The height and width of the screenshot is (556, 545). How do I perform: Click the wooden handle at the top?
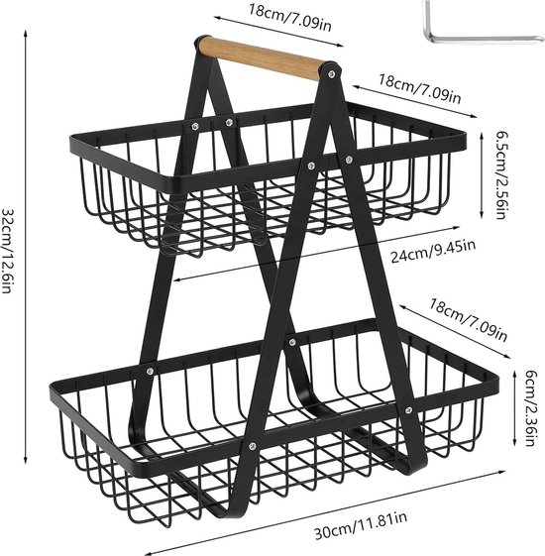(x=261, y=58)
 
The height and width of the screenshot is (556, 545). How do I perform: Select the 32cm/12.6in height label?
(x=8, y=251)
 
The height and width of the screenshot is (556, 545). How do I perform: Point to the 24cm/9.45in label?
(x=433, y=251)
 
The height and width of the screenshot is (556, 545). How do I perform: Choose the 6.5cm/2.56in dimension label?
(x=502, y=175)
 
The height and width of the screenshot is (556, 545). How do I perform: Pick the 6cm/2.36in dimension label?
(x=530, y=407)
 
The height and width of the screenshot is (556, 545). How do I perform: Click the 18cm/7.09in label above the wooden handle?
(x=289, y=18)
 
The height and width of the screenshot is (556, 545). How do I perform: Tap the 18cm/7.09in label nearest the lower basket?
(x=468, y=320)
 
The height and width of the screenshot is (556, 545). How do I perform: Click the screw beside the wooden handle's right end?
(x=332, y=73)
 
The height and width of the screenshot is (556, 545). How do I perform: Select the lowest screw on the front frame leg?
(x=252, y=446)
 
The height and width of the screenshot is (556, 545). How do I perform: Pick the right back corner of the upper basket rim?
(x=462, y=137)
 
